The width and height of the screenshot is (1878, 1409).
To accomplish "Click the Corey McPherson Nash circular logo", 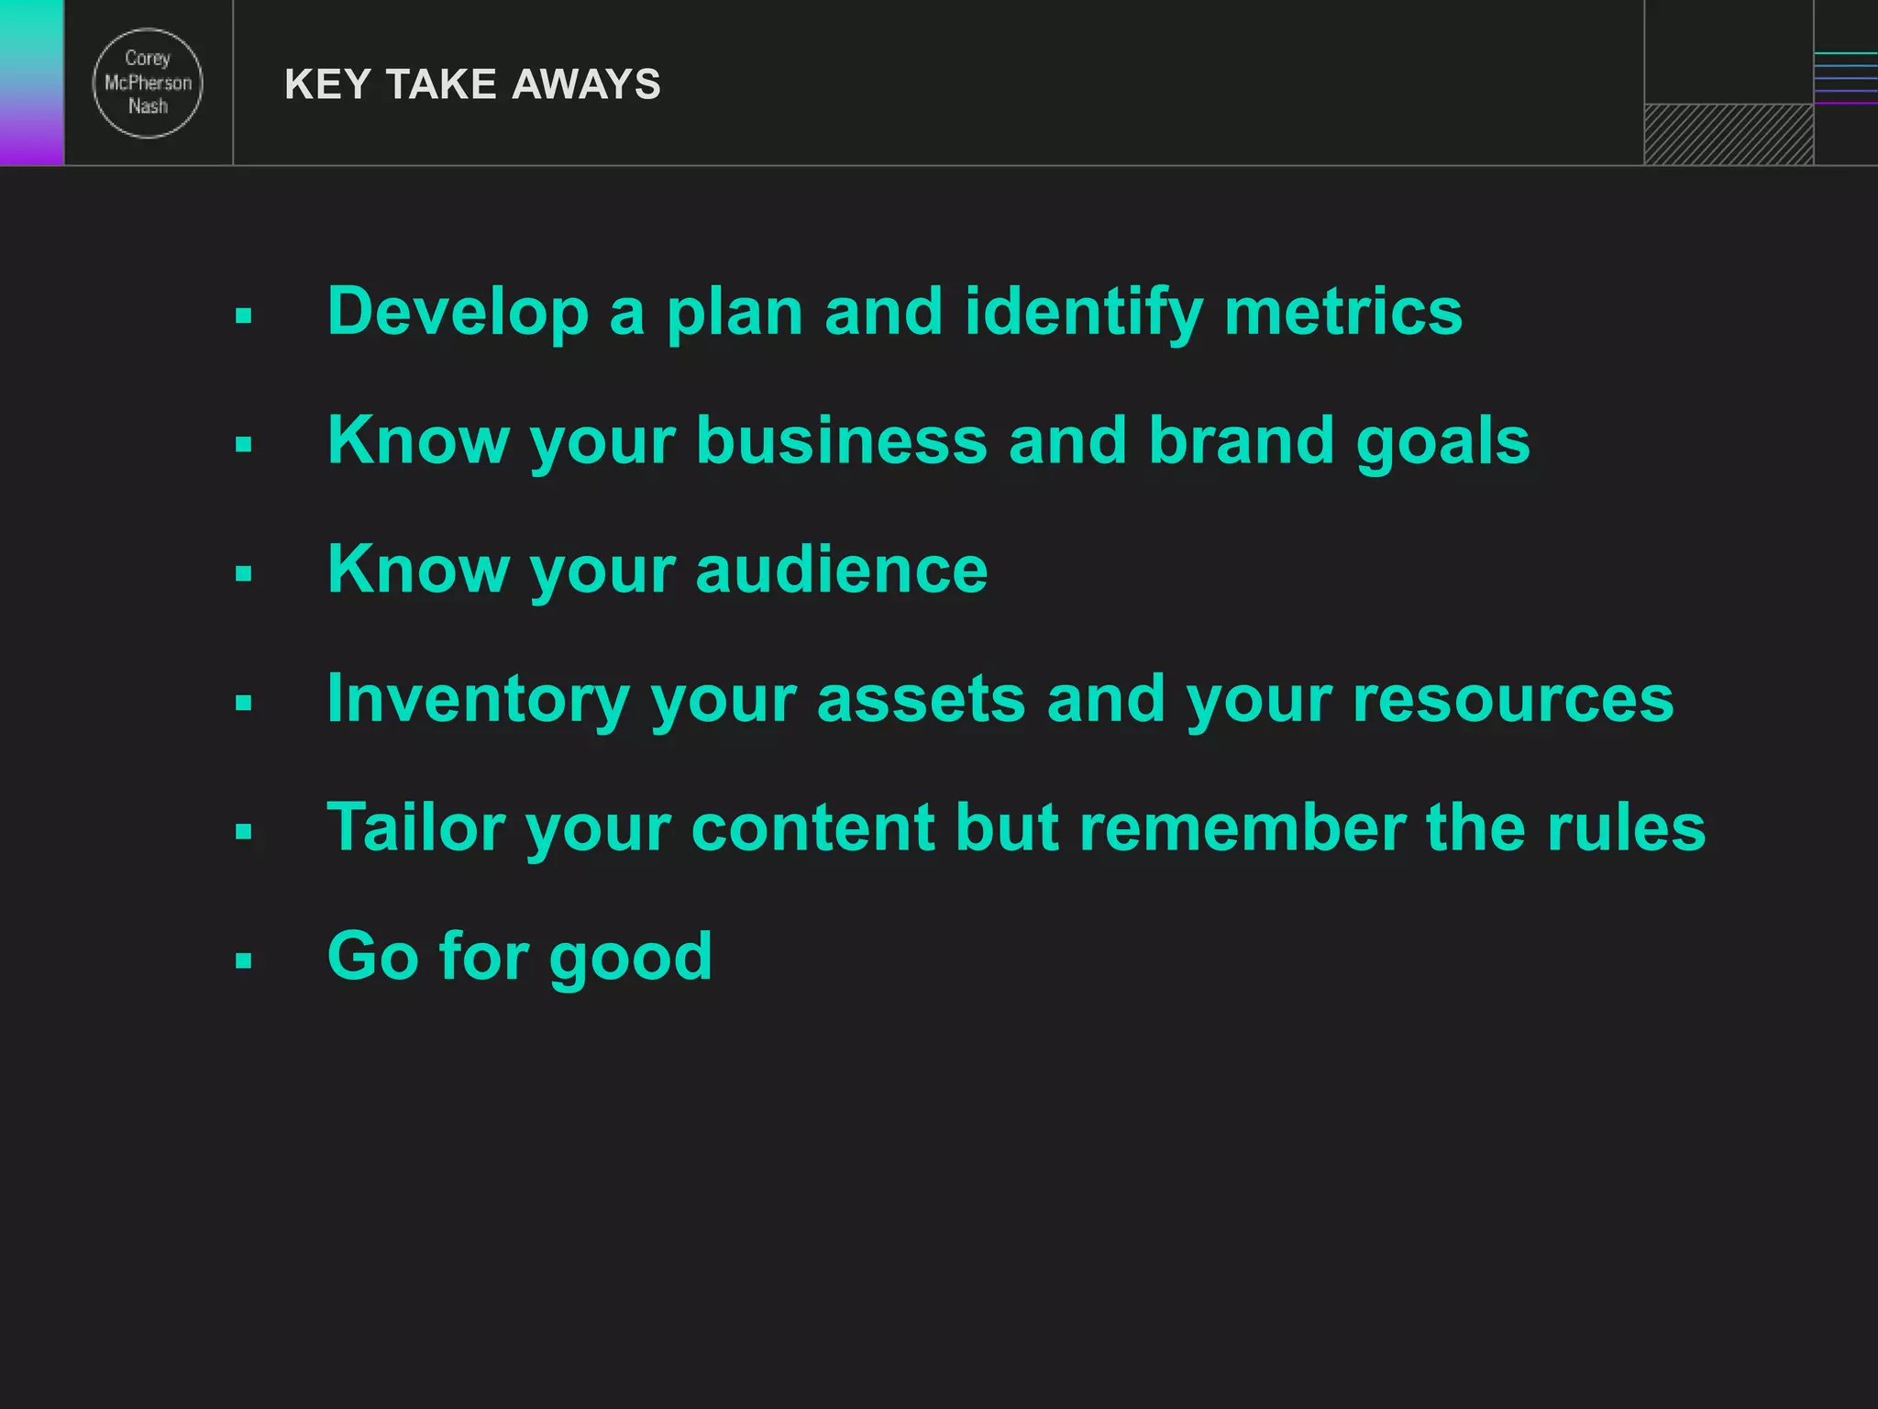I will click(148, 83).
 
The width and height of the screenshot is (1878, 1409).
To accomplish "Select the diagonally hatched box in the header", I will click(1729, 134).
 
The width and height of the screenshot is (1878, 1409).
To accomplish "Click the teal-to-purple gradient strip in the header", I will click(31, 83).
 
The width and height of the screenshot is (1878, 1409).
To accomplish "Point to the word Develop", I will click(458, 312).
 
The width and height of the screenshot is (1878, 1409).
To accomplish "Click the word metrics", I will click(1343, 312).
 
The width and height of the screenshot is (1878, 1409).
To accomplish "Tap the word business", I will click(841, 440).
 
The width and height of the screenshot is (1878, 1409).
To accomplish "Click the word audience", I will click(841, 570).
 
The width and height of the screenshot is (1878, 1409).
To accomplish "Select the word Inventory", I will click(477, 699).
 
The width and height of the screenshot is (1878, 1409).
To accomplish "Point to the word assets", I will click(920, 699).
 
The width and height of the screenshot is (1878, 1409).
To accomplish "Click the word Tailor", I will click(415, 827).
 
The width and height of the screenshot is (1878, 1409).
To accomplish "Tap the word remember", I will click(1242, 827).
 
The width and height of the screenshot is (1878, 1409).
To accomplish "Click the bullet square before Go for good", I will click(243, 960).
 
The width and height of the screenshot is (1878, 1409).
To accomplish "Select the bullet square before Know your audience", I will click(243, 574).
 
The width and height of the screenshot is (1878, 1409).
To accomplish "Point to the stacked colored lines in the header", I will click(1845, 79).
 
